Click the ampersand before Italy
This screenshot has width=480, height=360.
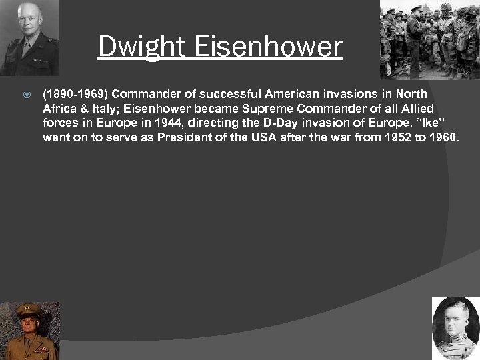[84, 109]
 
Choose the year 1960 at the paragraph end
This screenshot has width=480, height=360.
[442, 138]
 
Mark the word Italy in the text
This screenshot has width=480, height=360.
[104, 109]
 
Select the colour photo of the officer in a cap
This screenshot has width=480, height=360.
[29, 331]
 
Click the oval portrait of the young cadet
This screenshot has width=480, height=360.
[455, 328]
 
